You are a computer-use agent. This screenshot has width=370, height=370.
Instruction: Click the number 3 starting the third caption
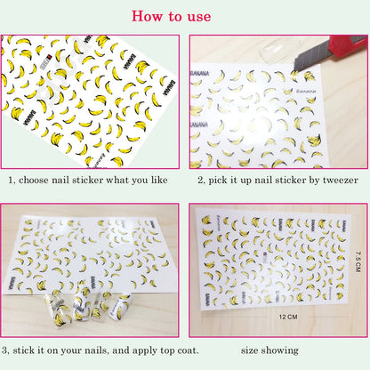pyautogui.click(x=5, y=350)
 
